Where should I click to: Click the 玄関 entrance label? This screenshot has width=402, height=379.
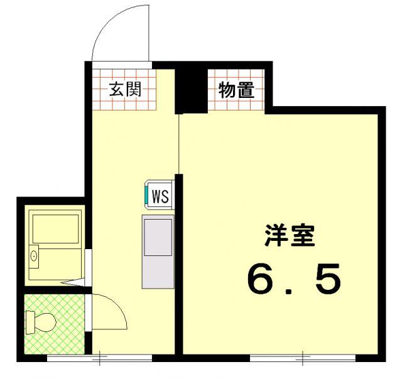point(126,89)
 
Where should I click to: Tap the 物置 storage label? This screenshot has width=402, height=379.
point(236,90)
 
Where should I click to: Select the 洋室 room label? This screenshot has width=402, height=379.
point(290,235)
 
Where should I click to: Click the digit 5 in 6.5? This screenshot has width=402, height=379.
point(328,279)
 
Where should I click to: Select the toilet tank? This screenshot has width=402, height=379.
point(30,323)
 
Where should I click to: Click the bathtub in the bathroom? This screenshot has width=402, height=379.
point(55,229)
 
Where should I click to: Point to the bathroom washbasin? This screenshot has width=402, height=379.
point(33,257)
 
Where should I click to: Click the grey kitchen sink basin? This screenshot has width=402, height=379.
point(158,237)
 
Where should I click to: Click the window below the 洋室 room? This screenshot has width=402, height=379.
point(303,358)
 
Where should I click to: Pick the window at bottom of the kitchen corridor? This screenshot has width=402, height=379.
point(99,358)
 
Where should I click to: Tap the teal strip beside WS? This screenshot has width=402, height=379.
point(146,195)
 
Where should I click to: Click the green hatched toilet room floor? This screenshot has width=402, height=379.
point(55,324)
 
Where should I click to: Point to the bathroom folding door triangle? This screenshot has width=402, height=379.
point(73,283)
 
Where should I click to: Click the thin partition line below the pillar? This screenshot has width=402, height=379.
point(178,144)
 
